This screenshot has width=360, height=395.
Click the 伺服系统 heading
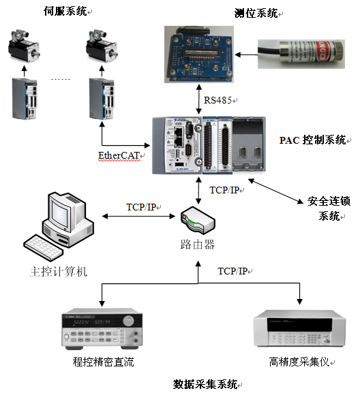click(x=65, y=12)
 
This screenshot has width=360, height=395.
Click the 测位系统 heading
click(x=256, y=13)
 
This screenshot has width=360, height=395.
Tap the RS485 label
click(x=217, y=100)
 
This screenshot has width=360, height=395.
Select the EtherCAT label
click(x=119, y=155)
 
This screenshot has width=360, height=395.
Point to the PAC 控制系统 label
click(x=312, y=140)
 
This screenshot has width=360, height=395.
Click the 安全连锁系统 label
click(x=329, y=208)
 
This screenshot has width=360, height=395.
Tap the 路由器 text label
click(x=198, y=244)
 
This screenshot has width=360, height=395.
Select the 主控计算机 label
click(x=59, y=272)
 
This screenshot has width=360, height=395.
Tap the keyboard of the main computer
click(x=44, y=247)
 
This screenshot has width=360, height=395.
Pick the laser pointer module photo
click(x=301, y=54)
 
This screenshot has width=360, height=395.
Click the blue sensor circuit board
click(x=199, y=54)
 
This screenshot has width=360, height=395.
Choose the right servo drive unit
click(x=102, y=99)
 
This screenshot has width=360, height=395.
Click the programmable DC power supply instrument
click(x=102, y=328)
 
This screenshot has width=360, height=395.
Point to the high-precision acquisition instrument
click(x=299, y=328)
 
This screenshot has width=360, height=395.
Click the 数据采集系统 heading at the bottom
click(x=205, y=384)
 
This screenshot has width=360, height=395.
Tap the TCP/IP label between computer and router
click(x=141, y=207)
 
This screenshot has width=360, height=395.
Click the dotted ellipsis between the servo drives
click(x=60, y=80)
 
